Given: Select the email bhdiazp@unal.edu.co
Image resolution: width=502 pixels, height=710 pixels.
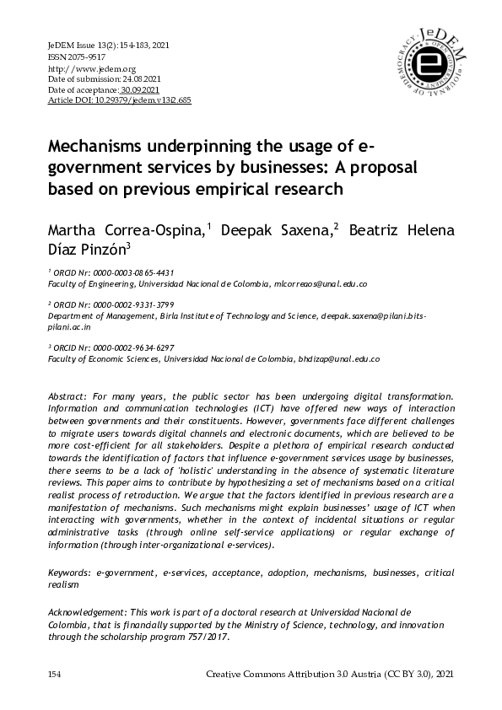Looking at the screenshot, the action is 338,358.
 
